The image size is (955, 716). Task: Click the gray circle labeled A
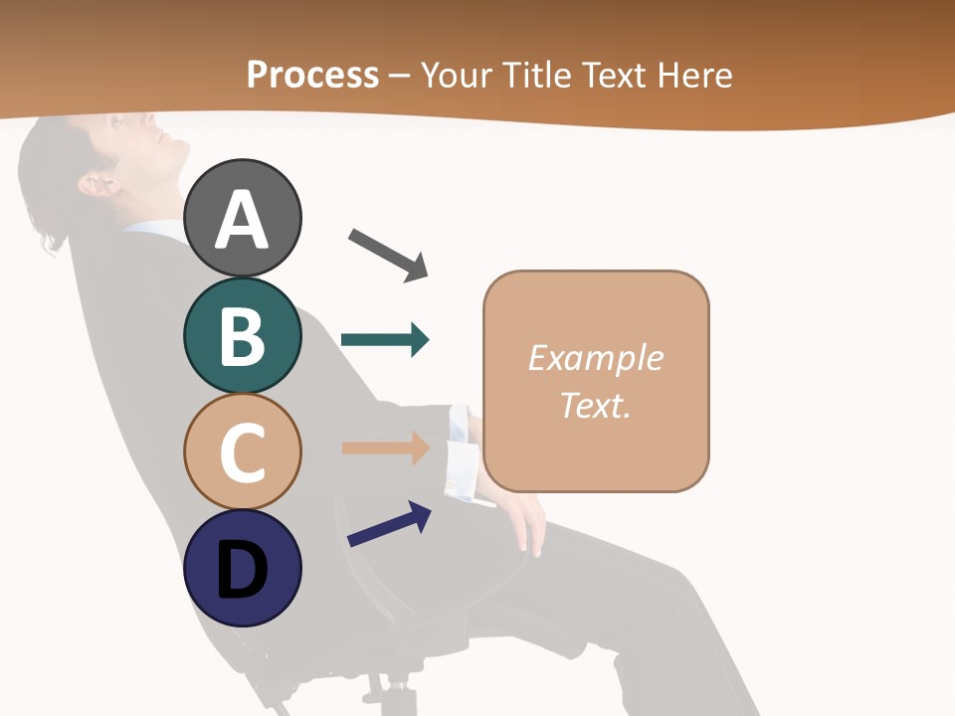pos(242,218)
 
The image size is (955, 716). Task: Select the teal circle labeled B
pos(242,335)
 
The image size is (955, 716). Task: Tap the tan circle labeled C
pos(242,451)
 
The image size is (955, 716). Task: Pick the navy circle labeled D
pos(242,568)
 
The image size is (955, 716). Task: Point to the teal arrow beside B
pos(385,340)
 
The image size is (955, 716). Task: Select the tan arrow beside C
pos(386,447)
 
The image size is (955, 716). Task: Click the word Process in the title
pos(312,75)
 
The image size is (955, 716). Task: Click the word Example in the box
pos(595,358)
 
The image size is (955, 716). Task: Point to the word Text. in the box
pos(595,405)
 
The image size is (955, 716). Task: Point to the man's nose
pos(180,138)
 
